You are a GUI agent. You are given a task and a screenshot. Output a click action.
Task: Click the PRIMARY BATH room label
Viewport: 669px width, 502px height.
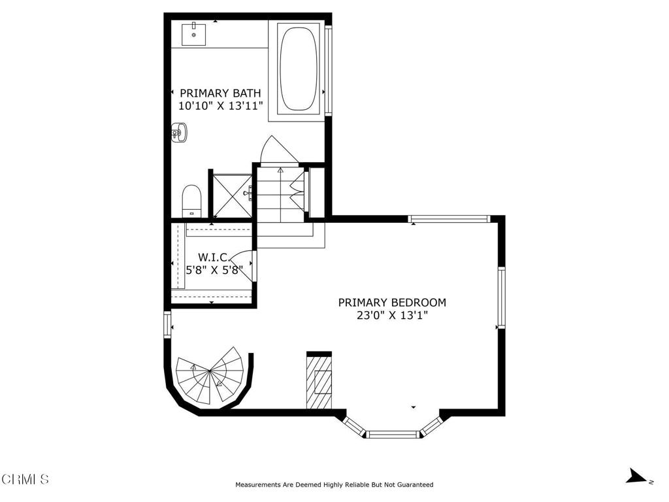click(220, 93)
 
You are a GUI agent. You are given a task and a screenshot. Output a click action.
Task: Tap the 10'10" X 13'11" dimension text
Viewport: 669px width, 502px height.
click(220, 106)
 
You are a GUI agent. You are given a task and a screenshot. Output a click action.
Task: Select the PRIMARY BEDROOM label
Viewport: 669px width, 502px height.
click(392, 303)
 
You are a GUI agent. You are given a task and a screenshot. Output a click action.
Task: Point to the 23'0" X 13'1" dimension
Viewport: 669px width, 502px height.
click(392, 316)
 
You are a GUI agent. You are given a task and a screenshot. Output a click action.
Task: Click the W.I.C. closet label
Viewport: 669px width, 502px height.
click(214, 258)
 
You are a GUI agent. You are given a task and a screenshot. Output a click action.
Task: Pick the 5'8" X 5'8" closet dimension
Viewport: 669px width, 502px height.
click(214, 270)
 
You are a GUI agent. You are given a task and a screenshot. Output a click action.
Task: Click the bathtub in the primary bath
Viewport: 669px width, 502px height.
click(299, 68)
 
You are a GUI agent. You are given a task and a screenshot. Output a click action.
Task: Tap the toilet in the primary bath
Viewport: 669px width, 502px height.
click(191, 201)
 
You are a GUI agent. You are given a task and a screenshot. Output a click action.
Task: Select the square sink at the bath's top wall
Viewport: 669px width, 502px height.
click(193, 35)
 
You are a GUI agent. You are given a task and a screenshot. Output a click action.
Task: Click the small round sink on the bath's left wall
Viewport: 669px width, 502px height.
click(180, 133)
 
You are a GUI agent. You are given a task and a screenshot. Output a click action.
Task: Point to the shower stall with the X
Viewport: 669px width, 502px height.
click(232, 195)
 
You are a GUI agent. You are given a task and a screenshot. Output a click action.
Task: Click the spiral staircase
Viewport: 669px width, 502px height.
click(210, 376)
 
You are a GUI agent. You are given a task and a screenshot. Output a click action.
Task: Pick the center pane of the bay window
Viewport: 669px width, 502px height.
click(393, 435)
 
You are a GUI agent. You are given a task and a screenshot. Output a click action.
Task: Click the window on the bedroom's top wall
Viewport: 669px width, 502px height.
click(449, 220)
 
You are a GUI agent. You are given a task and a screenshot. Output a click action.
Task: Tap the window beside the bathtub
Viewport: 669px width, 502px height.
click(328, 71)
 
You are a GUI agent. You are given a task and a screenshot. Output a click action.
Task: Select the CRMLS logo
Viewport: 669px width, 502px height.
click(25, 479)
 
